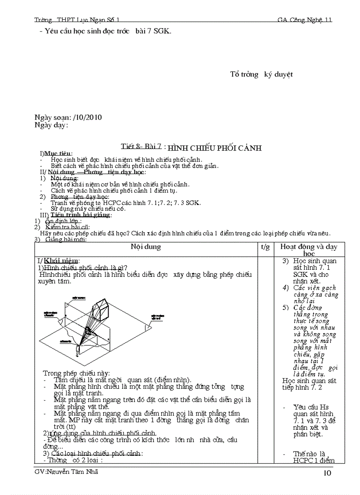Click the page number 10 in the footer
327,473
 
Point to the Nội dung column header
146,247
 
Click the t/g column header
265,247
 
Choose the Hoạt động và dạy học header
308,250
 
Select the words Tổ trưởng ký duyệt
261,74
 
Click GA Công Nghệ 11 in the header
304,20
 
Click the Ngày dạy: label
51,125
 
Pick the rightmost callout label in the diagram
158,317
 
